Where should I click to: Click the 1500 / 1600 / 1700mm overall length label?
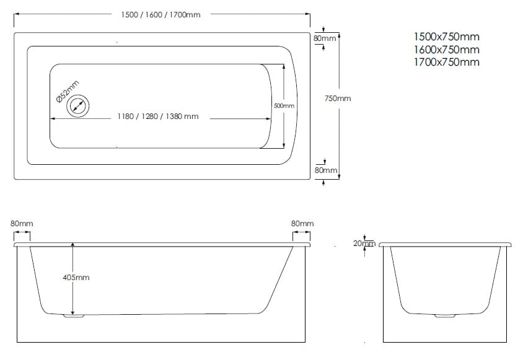click(x=160, y=15)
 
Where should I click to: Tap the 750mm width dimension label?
click(x=338, y=99)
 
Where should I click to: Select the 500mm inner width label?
click(x=284, y=106)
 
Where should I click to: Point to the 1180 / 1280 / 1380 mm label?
click(x=158, y=116)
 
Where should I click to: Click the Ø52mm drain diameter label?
click(x=68, y=92)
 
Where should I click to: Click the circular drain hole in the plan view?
click(x=77, y=106)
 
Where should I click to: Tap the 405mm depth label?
click(x=76, y=278)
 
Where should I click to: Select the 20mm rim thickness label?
click(x=364, y=244)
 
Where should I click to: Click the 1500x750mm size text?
click(x=447, y=37)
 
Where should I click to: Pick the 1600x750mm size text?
click(x=447, y=50)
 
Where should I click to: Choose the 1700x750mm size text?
click(x=447, y=62)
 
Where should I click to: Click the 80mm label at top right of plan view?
click(x=325, y=38)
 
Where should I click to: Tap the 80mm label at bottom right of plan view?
click(x=326, y=170)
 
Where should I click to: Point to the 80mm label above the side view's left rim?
click(x=22, y=224)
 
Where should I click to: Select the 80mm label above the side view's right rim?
click(x=302, y=224)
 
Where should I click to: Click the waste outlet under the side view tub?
click(x=74, y=315)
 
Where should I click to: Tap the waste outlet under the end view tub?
click(x=445, y=315)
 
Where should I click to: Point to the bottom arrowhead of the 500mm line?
click(x=284, y=145)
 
